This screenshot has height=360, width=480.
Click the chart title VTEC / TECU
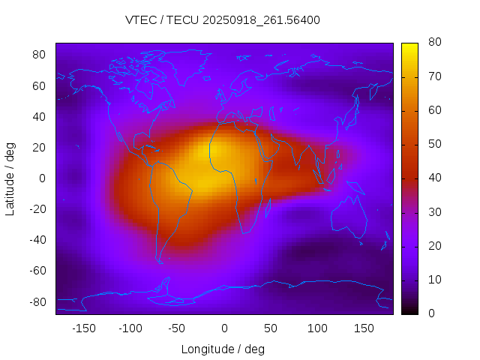click(x=223, y=20)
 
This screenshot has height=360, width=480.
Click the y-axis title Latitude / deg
click(x=10, y=178)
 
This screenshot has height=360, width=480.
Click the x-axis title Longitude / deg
click(x=223, y=349)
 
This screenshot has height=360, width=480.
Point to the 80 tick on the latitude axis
click(x=40, y=55)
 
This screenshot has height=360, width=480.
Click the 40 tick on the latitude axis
click(x=40, y=116)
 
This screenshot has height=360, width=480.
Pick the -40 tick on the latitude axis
click(x=37, y=240)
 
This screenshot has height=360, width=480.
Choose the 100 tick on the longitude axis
click(x=317, y=328)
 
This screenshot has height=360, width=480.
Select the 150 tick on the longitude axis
click(x=364, y=328)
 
